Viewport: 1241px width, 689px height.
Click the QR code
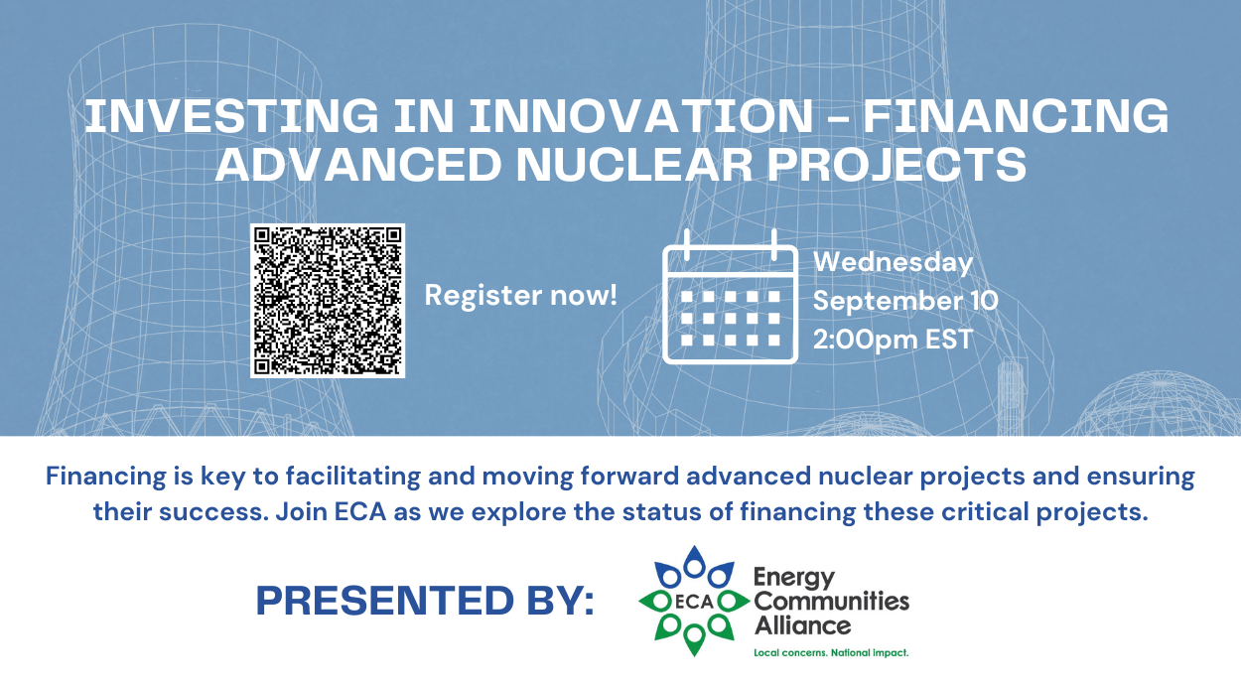[x=328, y=301]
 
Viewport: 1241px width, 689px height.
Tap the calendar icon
[x=730, y=297]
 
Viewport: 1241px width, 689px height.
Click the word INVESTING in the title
[x=231, y=116]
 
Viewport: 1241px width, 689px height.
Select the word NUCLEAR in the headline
[x=635, y=164]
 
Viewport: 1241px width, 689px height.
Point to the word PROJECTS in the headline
[x=897, y=164]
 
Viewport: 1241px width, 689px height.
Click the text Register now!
[x=521, y=295]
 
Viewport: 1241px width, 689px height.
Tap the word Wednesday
[x=894, y=262]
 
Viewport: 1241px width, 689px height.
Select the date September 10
[x=905, y=301]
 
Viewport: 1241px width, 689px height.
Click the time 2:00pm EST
[x=894, y=339]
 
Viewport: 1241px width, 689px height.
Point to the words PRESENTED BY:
[x=425, y=601]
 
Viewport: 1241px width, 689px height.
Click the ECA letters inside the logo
[x=694, y=602]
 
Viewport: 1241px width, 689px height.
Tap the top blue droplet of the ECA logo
[x=694, y=562]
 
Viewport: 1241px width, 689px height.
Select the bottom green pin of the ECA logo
[x=694, y=640]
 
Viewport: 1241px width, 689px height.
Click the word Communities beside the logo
[x=832, y=602]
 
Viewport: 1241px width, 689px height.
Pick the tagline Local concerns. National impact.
[x=831, y=653]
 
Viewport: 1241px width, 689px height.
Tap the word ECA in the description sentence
[x=360, y=511]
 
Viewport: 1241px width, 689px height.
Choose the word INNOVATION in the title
[x=641, y=116]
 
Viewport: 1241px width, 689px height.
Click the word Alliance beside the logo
[x=803, y=626]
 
